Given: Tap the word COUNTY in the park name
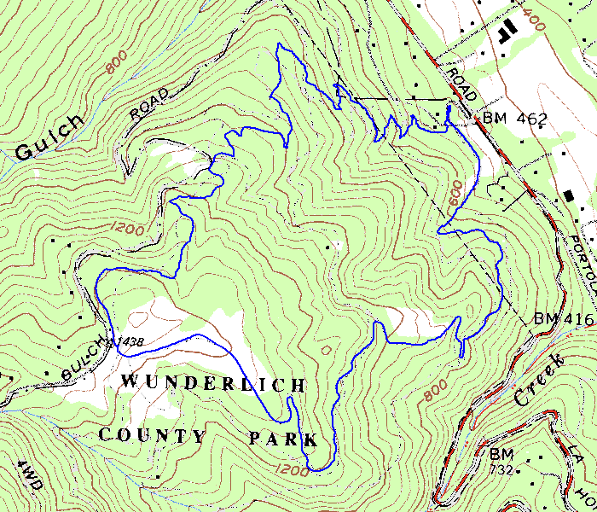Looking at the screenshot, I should pos(152,435).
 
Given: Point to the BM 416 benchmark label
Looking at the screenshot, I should pos(563,318).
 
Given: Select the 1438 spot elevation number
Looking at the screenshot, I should pos(130,340).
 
